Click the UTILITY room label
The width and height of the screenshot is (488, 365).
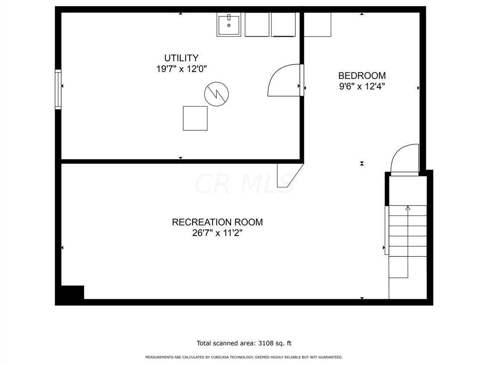181,58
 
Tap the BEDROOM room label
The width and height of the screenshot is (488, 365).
362,76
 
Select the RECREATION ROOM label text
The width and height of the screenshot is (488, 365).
217,222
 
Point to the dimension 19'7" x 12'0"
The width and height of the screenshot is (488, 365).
181,69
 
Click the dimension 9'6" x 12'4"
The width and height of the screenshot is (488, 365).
362,86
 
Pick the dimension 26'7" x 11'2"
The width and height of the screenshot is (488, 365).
217,233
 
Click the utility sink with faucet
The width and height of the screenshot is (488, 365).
229,24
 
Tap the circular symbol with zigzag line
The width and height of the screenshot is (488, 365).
216,94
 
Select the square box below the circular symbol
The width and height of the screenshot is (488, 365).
195,118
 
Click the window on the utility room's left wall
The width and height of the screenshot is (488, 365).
58,89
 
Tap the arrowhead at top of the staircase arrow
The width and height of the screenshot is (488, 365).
408,208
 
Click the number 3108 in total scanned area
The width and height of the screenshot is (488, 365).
265,343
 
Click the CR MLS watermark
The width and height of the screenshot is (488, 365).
244,184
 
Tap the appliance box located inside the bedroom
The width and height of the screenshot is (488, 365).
317,24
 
